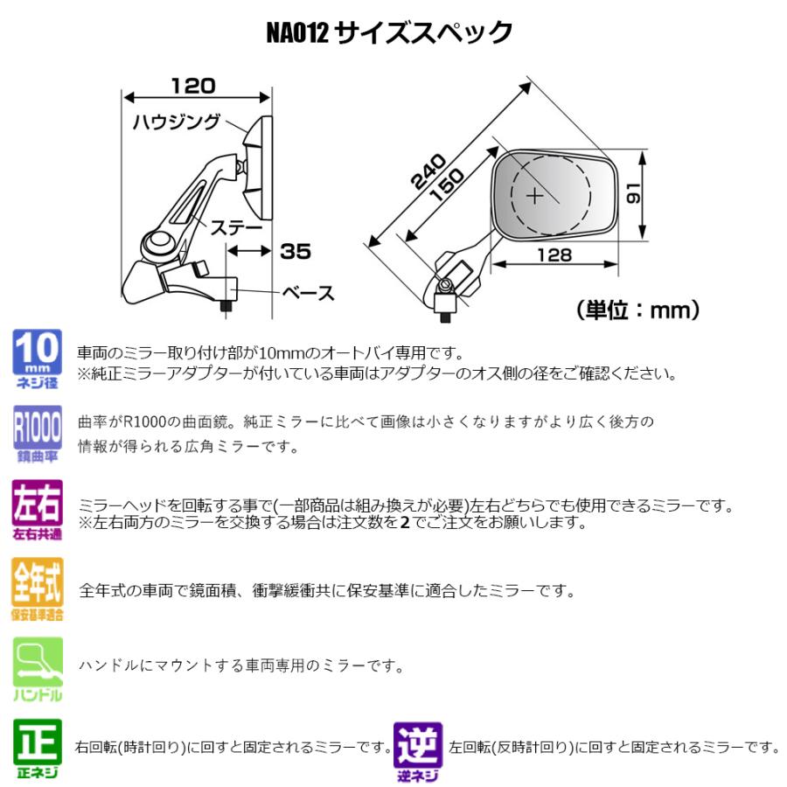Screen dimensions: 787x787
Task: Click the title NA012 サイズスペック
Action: [389, 33]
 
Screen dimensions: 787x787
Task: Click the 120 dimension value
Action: [192, 86]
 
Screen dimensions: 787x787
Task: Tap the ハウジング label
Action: [176, 122]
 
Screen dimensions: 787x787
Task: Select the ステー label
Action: [235, 226]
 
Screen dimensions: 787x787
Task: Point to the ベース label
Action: [309, 293]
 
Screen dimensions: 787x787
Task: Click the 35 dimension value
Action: [296, 251]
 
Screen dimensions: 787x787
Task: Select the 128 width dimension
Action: [554, 254]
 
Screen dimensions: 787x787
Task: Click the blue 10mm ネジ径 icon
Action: [38, 359]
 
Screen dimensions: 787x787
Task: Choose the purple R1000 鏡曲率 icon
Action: [38, 433]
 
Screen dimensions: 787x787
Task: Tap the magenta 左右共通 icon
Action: [38, 509]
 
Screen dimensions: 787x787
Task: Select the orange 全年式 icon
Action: [38, 589]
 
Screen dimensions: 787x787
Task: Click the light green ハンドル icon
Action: [38, 669]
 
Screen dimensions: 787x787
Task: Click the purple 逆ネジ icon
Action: [418, 750]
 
